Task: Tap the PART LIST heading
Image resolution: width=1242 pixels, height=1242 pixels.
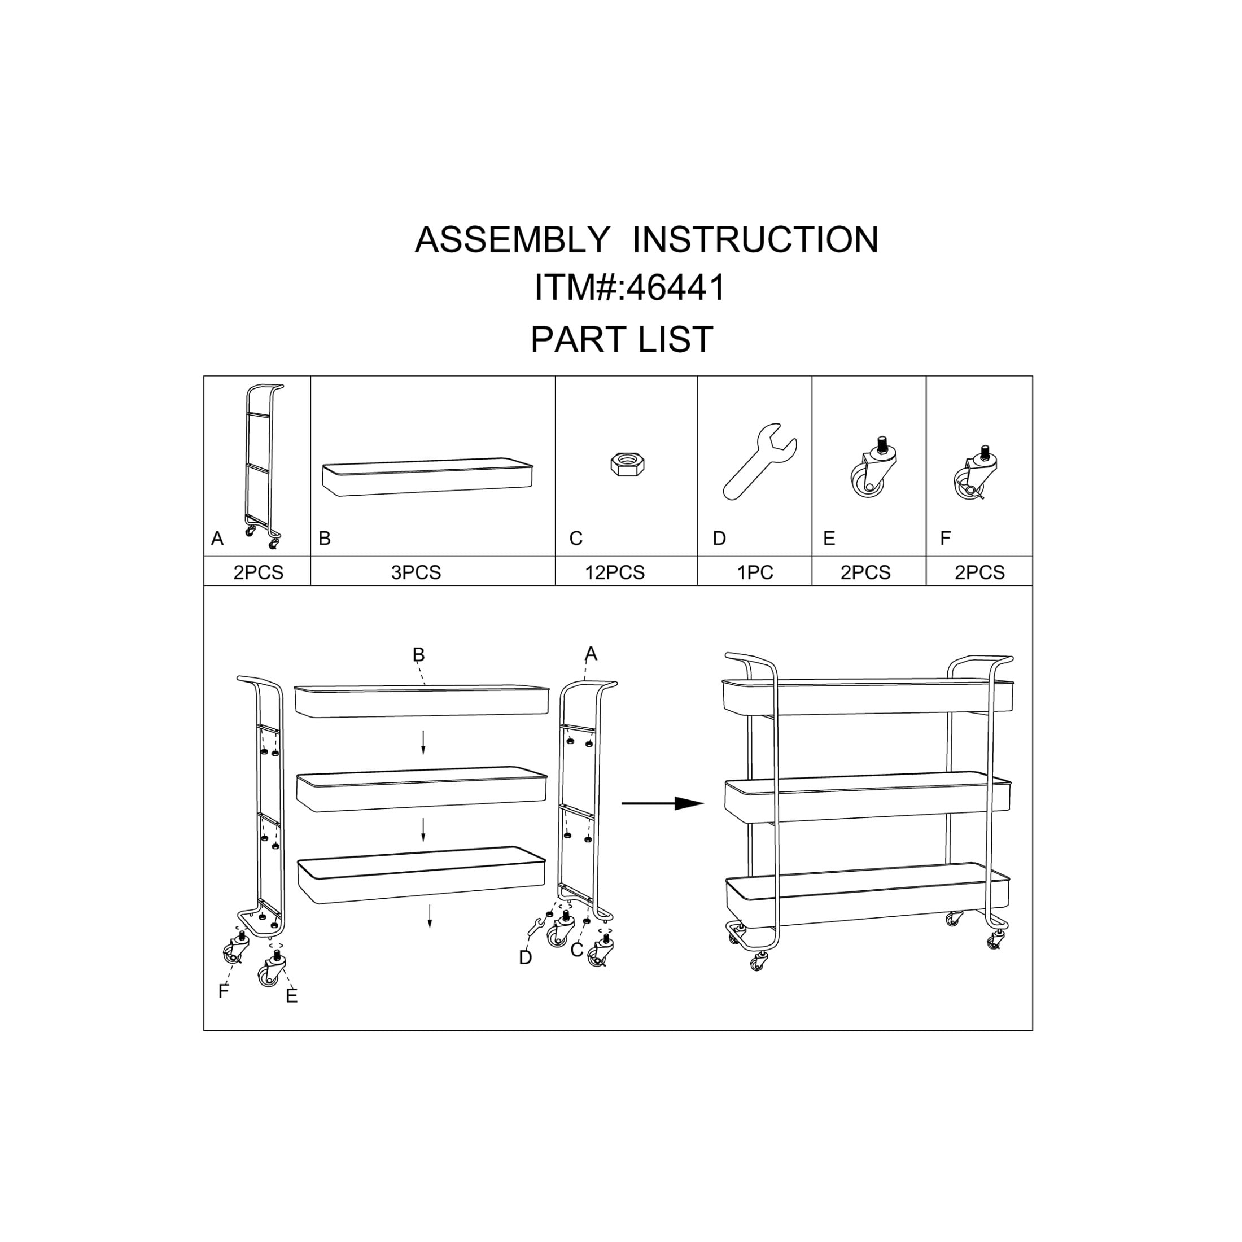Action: [x=622, y=339]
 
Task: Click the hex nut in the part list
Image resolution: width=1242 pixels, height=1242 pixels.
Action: [x=627, y=464]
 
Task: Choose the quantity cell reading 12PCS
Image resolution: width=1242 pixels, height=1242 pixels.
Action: [x=615, y=572]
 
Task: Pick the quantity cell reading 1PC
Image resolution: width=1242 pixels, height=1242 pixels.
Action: [x=755, y=572]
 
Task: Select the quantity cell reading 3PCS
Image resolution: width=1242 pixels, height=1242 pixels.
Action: [x=416, y=572]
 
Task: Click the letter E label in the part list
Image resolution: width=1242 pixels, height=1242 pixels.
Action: [x=829, y=539]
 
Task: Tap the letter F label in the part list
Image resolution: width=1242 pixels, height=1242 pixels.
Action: [x=946, y=539]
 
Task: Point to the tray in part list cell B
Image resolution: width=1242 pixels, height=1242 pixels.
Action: [x=427, y=476]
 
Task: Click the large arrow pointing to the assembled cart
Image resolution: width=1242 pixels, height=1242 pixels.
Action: [x=663, y=803]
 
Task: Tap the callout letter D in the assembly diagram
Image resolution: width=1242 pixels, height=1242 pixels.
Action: [x=525, y=958]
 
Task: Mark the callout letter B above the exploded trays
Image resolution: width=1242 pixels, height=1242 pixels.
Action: [x=418, y=654]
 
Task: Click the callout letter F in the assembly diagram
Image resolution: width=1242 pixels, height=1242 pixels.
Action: [x=223, y=991]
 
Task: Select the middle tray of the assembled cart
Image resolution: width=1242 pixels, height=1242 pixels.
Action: [x=867, y=797]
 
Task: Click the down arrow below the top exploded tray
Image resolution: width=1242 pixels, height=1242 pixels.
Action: [x=423, y=742]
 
